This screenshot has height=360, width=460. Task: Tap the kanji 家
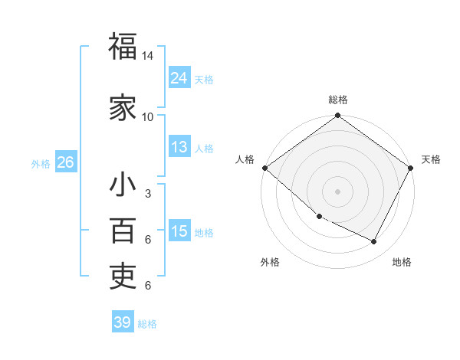[x=123, y=106]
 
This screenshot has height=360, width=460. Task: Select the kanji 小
[x=123, y=186]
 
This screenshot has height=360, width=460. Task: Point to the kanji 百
[x=123, y=231]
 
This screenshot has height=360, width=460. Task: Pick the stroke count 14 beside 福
[x=148, y=57]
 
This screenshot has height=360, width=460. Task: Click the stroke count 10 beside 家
[x=148, y=116]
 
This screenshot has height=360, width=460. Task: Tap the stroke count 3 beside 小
[x=148, y=195]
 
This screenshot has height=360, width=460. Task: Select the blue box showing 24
[x=179, y=77]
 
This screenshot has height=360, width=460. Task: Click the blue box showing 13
[x=179, y=147]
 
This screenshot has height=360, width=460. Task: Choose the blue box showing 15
[x=179, y=231]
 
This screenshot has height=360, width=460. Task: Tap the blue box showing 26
[x=65, y=162]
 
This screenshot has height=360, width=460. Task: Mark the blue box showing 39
[x=122, y=322]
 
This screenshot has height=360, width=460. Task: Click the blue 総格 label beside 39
[x=147, y=324]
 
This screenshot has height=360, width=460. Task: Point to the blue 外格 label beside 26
[x=41, y=164]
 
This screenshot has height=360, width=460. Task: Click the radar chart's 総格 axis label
[x=338, y=100]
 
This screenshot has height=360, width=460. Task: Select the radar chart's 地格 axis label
[x=402, y=262]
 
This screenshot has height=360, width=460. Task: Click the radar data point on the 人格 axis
[x=264, y=168]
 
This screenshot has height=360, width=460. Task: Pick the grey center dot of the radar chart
[x=338, y=191]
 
